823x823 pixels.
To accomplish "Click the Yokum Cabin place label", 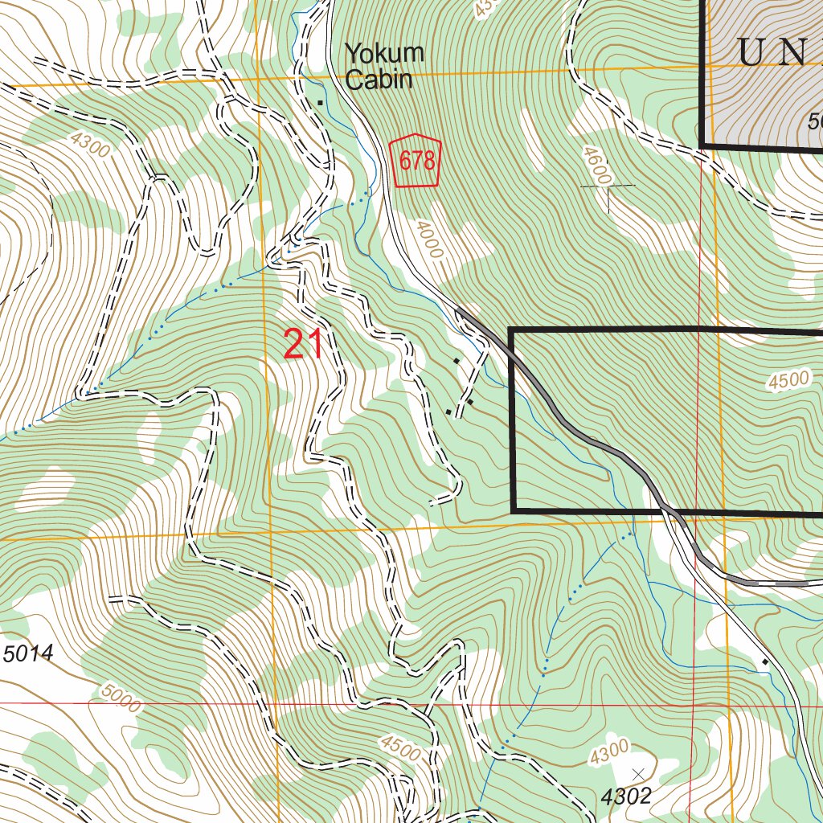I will pyautogui.click(x=383, y=67).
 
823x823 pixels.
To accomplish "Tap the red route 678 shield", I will pyautogui.click(x=417, y=161).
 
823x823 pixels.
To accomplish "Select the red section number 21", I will pyautogui.click(x=304, y=344).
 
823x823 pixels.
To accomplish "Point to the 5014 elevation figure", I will pyautogui.click(x=28, y=654).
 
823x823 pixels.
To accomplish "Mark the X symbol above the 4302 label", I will pyautogui.click(x=638, y=773).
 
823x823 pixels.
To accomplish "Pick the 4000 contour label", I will pyautogui.click(x=429, y=240).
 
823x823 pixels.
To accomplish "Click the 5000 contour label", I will pyautogui.click(x=121, y=698).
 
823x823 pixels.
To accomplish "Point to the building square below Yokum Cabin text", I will pyautogui.click(x=321, y=102).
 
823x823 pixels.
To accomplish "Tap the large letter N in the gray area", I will pyautogui.click(x=794, y=53).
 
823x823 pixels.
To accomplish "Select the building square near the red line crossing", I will pyautogui.click(x=764, y=662).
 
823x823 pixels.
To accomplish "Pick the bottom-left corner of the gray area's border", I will pyautogui.click(x=702, y=145).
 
